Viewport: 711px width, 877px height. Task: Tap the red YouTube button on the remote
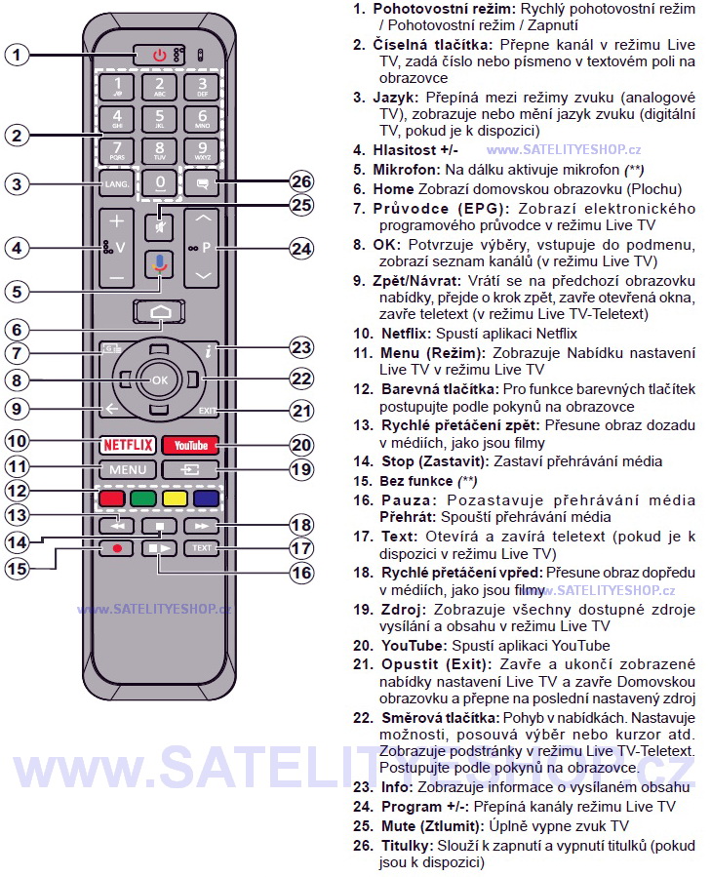click(x=191, y=445)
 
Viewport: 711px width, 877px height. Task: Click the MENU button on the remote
click(x=128, y=469)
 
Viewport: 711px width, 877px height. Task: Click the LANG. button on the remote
click(x=116, y=182)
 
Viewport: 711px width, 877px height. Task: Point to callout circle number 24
click(x=301, y=248)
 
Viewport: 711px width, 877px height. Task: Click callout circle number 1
click(x=16, y=55)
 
